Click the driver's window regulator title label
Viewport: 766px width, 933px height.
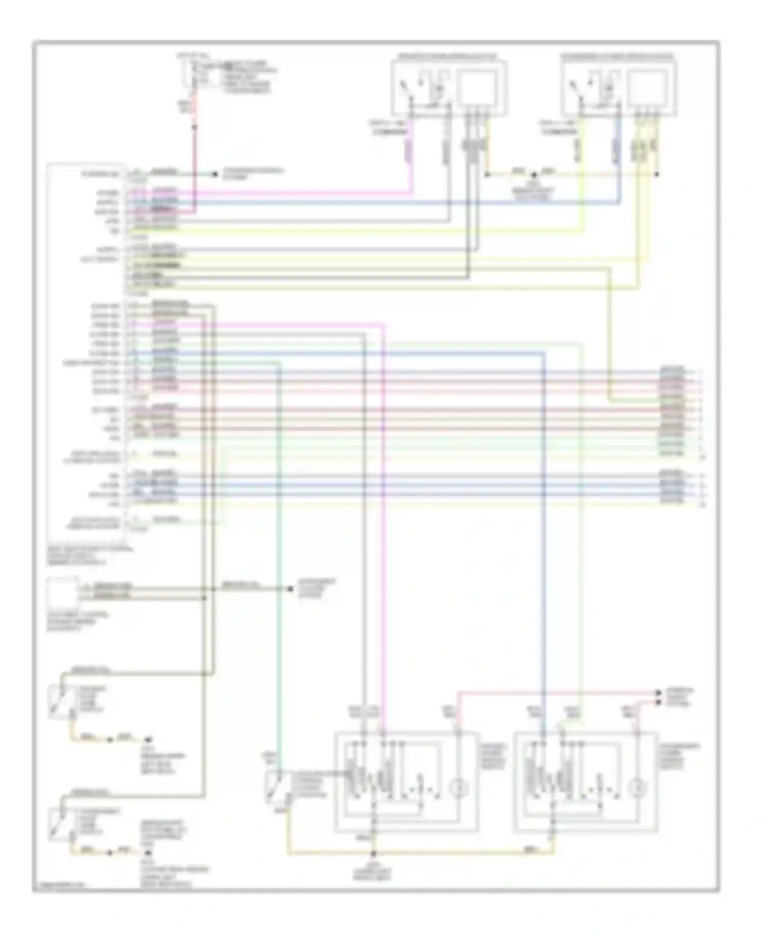449,56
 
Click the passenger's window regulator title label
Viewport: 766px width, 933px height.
618,56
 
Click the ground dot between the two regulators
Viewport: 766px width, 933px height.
533,175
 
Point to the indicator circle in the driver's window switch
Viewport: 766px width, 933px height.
459,789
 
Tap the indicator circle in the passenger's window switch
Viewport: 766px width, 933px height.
637,789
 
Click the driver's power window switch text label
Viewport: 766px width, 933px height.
492,756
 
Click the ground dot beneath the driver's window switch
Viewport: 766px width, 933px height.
373,853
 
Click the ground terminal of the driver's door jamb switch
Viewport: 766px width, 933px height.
148,739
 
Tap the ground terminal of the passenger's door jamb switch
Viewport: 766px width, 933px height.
148,852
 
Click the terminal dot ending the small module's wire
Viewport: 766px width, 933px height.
290,589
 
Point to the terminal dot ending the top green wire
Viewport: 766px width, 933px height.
216,175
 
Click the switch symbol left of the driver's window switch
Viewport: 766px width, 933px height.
273,786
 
